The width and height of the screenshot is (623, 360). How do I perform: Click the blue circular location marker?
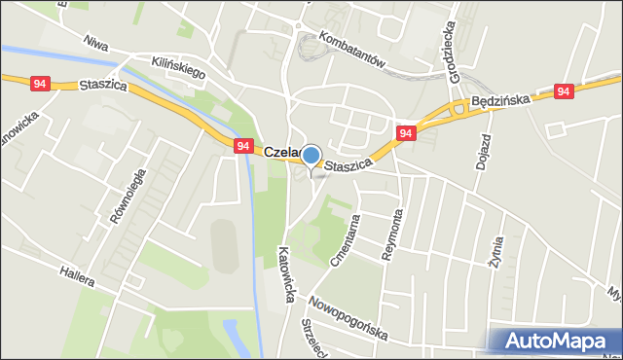click(x=311, y=156)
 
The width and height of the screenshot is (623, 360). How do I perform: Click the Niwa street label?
click(x=95, y=45)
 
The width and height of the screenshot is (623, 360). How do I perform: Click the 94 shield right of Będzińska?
click(x=564, y=90)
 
